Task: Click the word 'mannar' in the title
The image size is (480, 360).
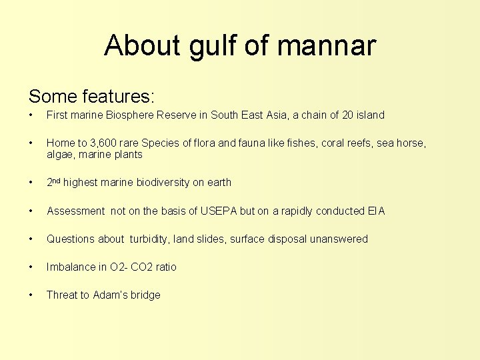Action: (x=326, y=46)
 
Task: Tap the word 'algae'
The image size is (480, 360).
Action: (x=60, y=155)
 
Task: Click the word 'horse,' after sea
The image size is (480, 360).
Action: (x=411, y=143)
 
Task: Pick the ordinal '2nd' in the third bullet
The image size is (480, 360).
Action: (x=53, y=182)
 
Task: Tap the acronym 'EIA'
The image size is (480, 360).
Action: (x=376, y=211)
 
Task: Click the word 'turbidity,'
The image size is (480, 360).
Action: (x=149, y=239)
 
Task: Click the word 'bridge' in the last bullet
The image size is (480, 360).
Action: (x=144, y=295)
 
